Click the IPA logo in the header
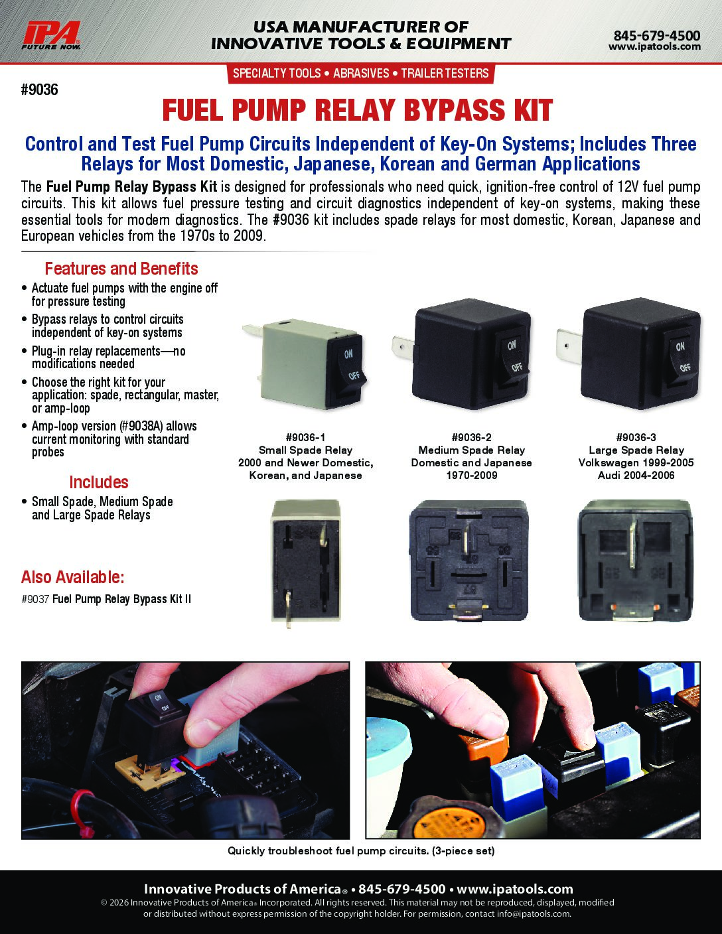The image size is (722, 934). tap(51, 36)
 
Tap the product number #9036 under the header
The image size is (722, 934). tap(39, 90)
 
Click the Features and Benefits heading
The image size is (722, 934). tap(121, 269)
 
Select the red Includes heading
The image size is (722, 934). tap(99, 482)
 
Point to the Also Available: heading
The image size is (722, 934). tap(73, 577)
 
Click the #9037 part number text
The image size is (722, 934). tap(35, 599)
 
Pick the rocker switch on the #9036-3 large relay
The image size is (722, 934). tap(681, 357)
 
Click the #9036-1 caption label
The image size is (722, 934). tap(306, 438)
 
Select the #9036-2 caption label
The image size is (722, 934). tap(471, 438)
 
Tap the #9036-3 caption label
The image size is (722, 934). tap(636, 438)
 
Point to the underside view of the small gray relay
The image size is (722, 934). tap(306, 561)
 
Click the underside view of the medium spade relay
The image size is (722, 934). tap(469, 560)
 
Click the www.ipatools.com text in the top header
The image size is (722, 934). tap(654, 46)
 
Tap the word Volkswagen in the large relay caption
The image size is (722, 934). tap(607, 462)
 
